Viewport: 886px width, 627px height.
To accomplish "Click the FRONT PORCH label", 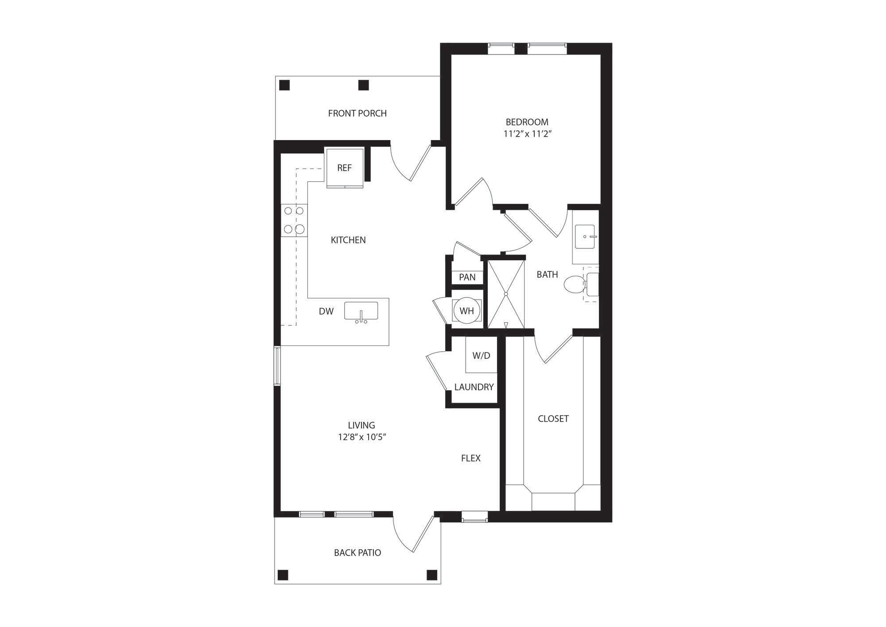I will [x=357, y=114].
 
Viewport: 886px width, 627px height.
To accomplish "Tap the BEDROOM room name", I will [x=527, y=122].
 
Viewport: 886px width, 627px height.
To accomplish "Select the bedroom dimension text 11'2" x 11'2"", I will [x=527, y=134].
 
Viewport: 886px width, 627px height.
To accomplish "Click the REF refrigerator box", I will [x=344, y=168].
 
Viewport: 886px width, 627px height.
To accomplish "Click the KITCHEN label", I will [x=348, y=240].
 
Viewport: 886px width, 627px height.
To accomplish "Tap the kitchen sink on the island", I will [x=361, y=311].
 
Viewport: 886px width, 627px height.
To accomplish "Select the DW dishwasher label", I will [x=326, y=312].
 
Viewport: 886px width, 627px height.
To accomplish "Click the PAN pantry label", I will [x=467, y=278].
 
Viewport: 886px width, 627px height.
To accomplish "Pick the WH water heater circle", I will [x=466, y=311].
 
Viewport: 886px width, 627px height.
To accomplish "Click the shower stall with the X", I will [x=505, y=294].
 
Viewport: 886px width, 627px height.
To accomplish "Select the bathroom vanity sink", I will [x=585, y=237].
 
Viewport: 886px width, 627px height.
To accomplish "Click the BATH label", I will [x=547, y=275].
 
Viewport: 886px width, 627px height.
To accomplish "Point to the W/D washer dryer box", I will [x=481, y=356].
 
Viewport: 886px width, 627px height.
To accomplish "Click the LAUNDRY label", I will [x=474, y=387].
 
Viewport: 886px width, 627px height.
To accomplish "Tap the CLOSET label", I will [x=553, y=419].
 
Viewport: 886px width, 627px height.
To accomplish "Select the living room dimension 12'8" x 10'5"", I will [x=362, y=437].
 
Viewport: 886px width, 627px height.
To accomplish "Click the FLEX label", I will [x=470, y=458].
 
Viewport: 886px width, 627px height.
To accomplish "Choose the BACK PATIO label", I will [x=357, y=553].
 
